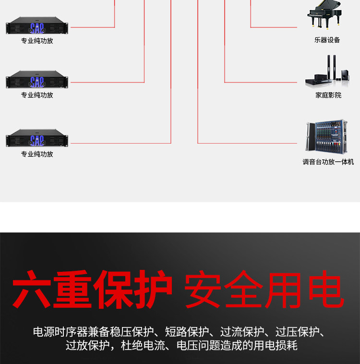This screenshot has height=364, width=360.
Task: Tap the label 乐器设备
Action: tap(327, 40)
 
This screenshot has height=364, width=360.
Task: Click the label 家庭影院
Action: tap(328, 96)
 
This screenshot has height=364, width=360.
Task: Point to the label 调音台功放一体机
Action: tap(328, 162)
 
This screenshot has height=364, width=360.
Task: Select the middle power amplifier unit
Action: tap(37, 80)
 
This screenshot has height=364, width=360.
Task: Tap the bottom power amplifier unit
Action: tap(37, 139)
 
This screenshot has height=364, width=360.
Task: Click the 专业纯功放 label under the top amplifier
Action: tap(37, 41)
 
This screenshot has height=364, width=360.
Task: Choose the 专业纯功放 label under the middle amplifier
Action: tap(37, 95)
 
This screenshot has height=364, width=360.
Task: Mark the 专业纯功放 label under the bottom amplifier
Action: tap(37, 154)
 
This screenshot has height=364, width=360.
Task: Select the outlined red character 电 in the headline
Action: tap(324, 290)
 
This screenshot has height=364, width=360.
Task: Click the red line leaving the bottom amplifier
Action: tap(120, 143)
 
